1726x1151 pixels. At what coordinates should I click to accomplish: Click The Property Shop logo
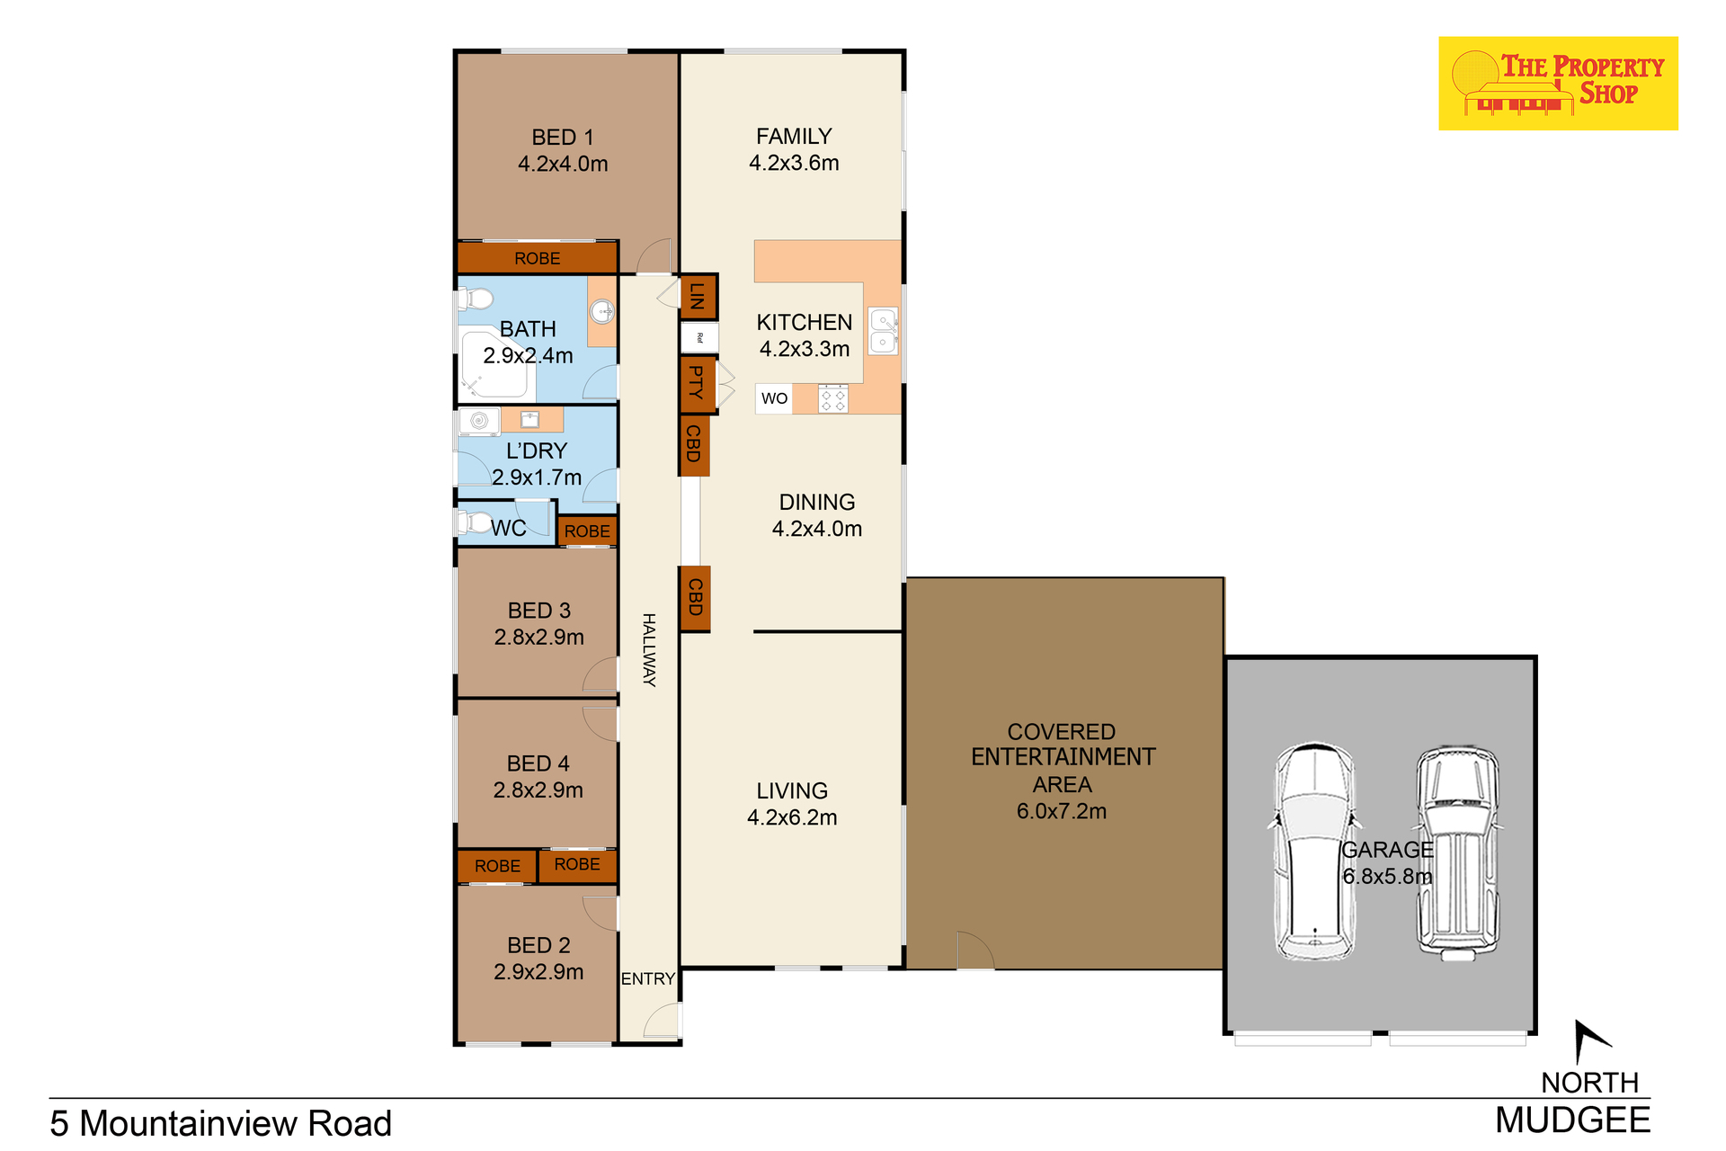point(1558,84)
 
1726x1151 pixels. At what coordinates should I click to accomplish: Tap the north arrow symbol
point(1591,1041)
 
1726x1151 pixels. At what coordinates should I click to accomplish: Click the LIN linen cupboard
point(698,297)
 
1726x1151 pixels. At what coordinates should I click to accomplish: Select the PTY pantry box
point(698,385)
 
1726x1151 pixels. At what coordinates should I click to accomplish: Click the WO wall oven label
point(774,398)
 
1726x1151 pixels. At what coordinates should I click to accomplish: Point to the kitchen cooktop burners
point(833,398)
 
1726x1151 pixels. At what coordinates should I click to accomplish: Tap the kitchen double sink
point(883,331)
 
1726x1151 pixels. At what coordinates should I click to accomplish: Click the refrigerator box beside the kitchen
point(699,338)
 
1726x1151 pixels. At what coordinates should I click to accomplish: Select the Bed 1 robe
point(538,258)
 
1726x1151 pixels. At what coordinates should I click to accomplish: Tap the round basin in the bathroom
point(601,312)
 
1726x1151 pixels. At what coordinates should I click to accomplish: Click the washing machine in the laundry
point(479,421)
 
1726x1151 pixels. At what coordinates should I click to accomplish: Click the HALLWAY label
point(649,649)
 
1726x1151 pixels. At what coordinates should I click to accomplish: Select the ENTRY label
point(648,978)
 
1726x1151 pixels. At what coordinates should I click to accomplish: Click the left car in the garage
point(1314,851)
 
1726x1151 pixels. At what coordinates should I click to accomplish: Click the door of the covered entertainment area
point(975,951)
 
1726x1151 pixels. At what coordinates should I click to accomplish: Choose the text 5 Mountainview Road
point(221,1124)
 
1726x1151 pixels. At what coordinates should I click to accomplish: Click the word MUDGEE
point(1573,1120)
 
